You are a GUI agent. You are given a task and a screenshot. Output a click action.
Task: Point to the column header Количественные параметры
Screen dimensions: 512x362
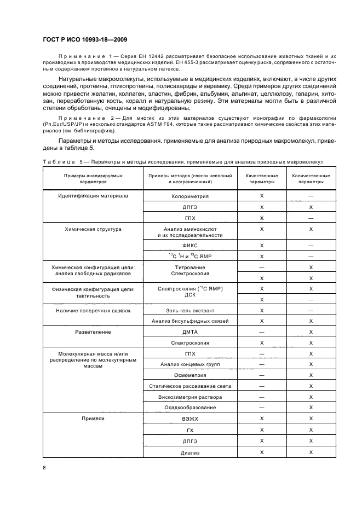[x=311, y=179]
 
